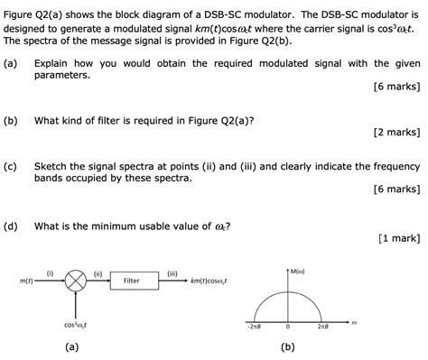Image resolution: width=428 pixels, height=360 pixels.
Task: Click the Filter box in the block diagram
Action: point(131,282)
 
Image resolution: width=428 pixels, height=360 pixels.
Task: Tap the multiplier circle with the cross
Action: point(77,282)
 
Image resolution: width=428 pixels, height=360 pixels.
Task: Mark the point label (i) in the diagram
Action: point(50,272)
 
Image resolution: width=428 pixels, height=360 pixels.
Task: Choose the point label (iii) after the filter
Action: point(172,272)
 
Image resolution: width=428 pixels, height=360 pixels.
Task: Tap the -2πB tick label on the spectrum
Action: point(254,328)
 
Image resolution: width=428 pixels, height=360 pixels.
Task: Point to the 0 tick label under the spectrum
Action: point(289,328)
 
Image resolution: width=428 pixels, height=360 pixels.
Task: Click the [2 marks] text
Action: point(397,132)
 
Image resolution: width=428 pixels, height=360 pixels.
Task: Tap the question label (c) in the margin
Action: point(10,166)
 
